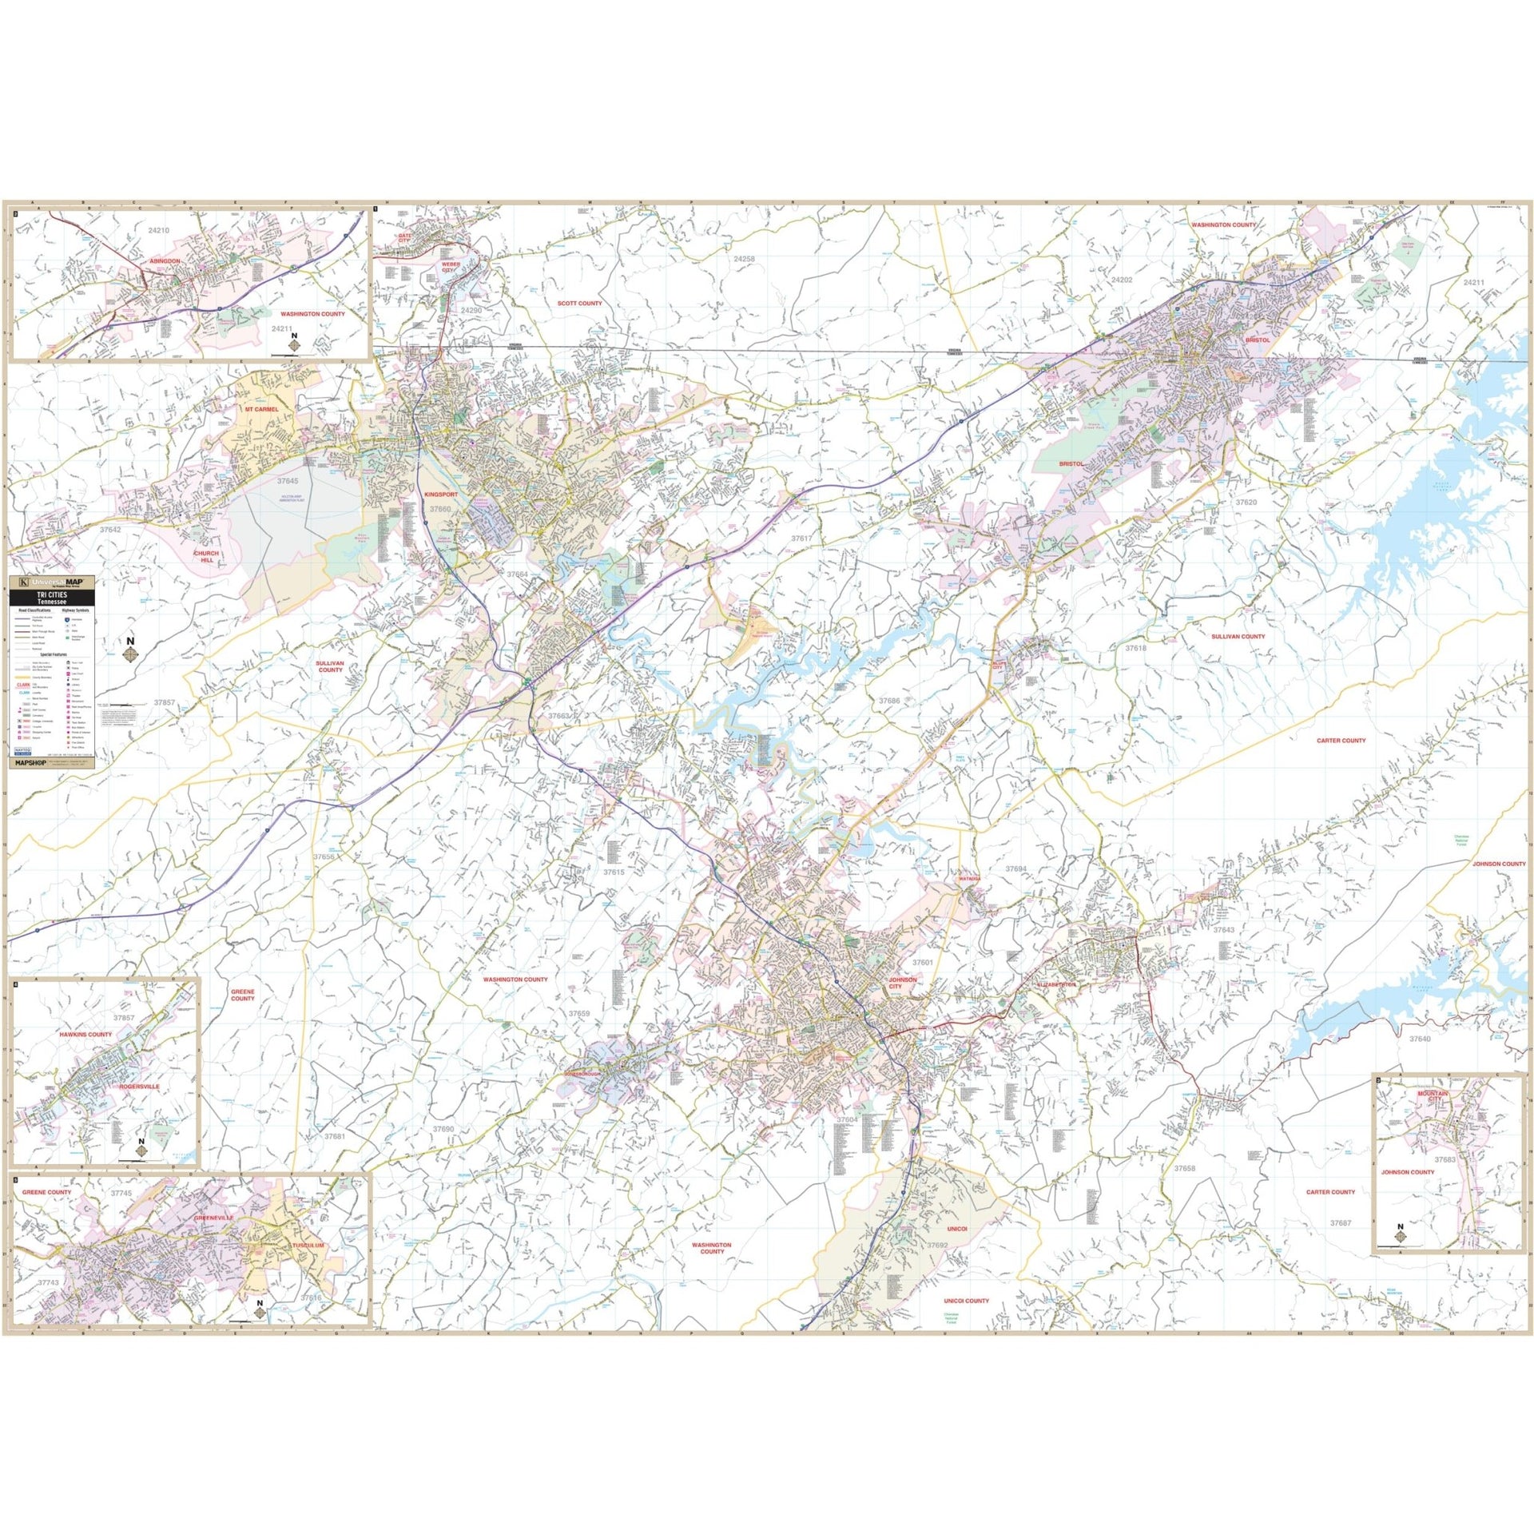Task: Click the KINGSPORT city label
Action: pyautogui.click(x=441, y=495)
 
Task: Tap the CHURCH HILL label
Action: pyautogui.click(x=208, y=556)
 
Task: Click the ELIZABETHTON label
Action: pyautogui.click(x=1055, y=984)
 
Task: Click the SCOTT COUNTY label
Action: pyautogui.click(x=580, y=304)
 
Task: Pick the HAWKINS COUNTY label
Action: pyautogui.click(x=85, y=1034)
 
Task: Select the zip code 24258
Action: pyautogui.click(x=744, y=259)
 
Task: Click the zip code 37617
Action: pyautogui.click(x=801, y=538)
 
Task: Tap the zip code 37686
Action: pyautogui.click(x=888, y=700)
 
